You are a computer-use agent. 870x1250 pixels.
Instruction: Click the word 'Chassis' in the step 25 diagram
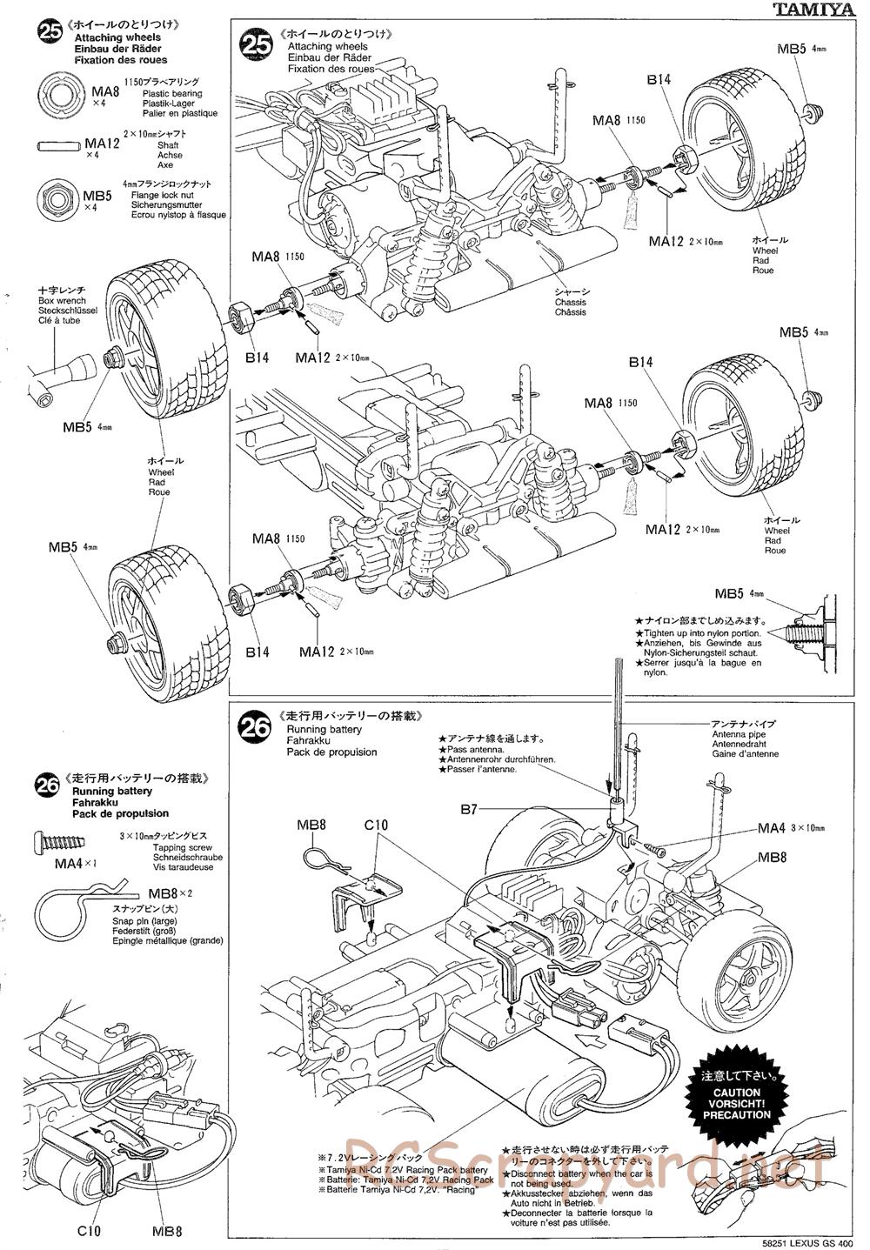[571, 302]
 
